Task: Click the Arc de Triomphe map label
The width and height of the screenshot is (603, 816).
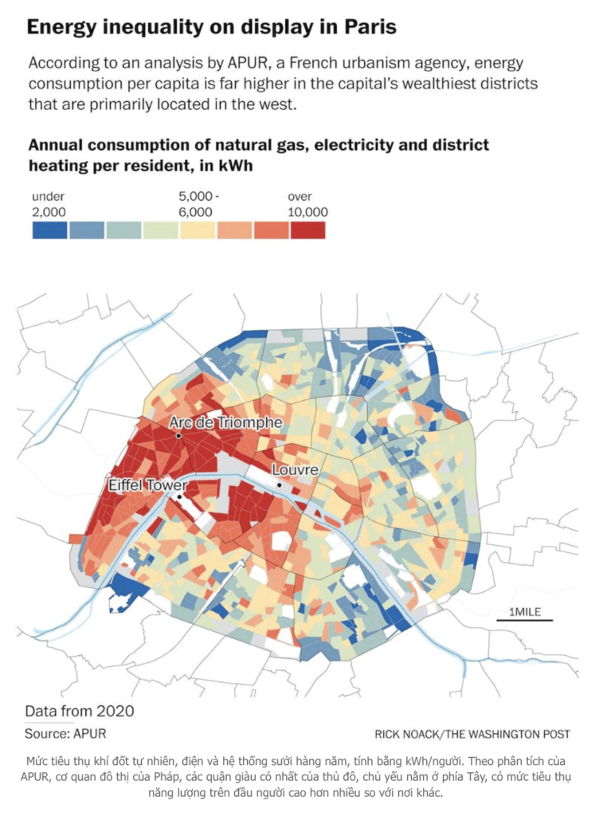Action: tap(226, 422)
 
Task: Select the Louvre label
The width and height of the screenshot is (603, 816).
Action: tap(296, 470)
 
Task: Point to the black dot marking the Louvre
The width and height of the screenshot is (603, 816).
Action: tap(279, 484)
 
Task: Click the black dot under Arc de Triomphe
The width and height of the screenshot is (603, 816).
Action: tap(179, 436)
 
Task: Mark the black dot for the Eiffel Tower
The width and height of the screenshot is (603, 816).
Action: tap(179, 497)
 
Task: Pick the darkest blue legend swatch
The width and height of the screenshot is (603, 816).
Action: tap(49, 229)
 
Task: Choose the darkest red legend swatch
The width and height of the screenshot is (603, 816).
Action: tap(308, 229)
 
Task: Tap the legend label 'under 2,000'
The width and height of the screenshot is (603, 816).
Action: tap(49, 204)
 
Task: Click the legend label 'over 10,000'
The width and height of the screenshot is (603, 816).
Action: tap(307, 204)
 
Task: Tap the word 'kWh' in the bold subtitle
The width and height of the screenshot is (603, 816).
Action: tap(239, 166)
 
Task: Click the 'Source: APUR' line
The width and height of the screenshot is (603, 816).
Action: tap(65, 733)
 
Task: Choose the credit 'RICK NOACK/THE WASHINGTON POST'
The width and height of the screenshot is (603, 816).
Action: tap(472, 734)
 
